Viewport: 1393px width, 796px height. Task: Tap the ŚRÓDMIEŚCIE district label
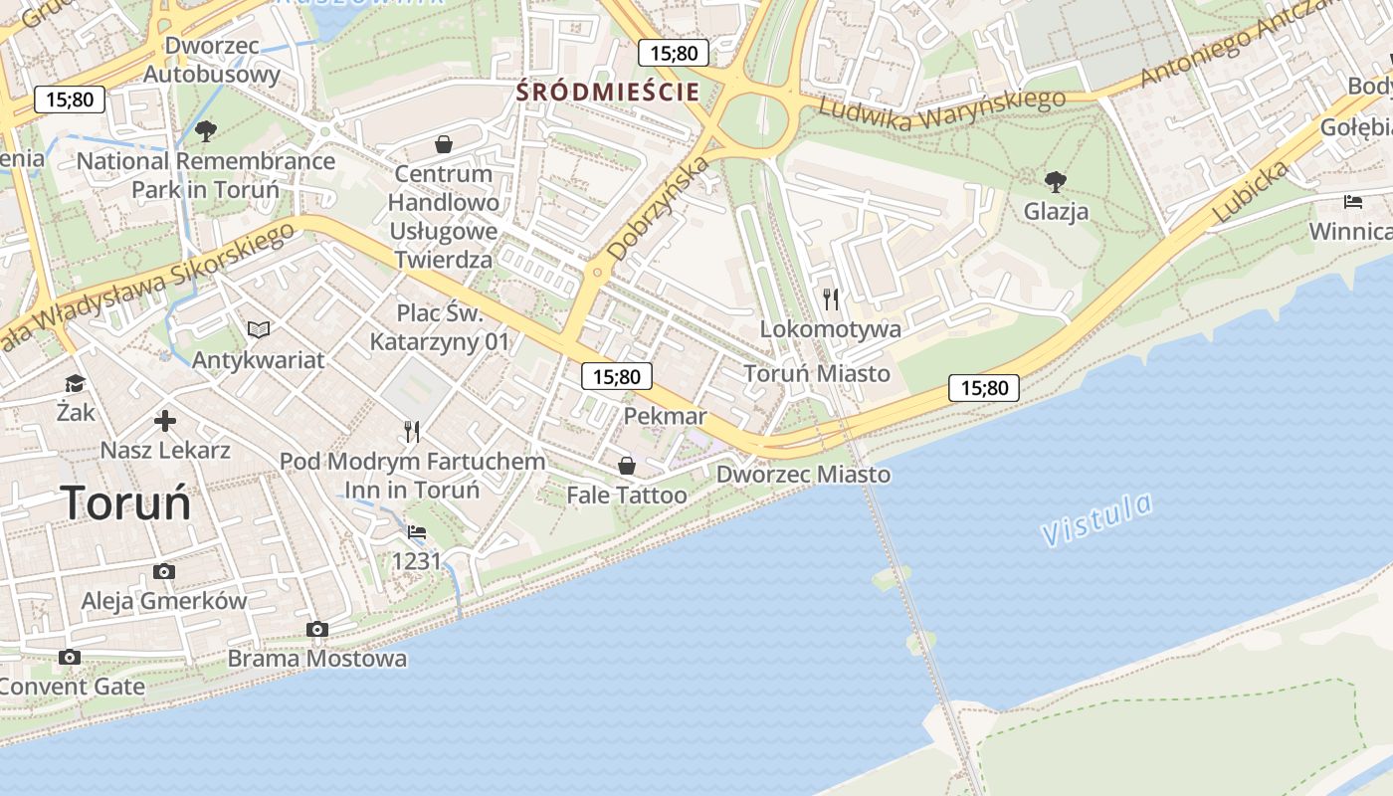pos(607,93)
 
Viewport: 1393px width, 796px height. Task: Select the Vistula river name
pos(1097,518)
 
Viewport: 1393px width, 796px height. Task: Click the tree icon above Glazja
pos(1056,181)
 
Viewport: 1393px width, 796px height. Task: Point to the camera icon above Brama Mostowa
pos(317,629)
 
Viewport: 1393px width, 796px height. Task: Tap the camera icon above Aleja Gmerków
pos(164,571)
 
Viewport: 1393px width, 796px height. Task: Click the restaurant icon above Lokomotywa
pos(831,298)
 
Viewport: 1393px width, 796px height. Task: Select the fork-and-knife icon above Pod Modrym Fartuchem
pos(412,431)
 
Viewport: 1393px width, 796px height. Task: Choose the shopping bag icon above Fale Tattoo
pos(627,465)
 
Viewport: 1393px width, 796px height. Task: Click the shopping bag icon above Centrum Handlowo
pos(444,144)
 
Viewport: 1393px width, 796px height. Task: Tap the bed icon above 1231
pos(417,532)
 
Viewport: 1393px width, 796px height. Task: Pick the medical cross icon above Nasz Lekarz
pos(165,421)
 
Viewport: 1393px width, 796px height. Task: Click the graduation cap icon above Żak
pos(75,384)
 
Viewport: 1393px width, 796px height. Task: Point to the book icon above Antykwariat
pos(259,329)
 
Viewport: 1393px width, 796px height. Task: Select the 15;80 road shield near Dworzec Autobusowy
pos(69,99)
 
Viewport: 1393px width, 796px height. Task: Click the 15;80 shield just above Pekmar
pos(617,376)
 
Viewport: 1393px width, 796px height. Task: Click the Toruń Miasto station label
pos(817,374)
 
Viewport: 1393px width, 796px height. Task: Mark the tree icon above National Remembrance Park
pos(206,130)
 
